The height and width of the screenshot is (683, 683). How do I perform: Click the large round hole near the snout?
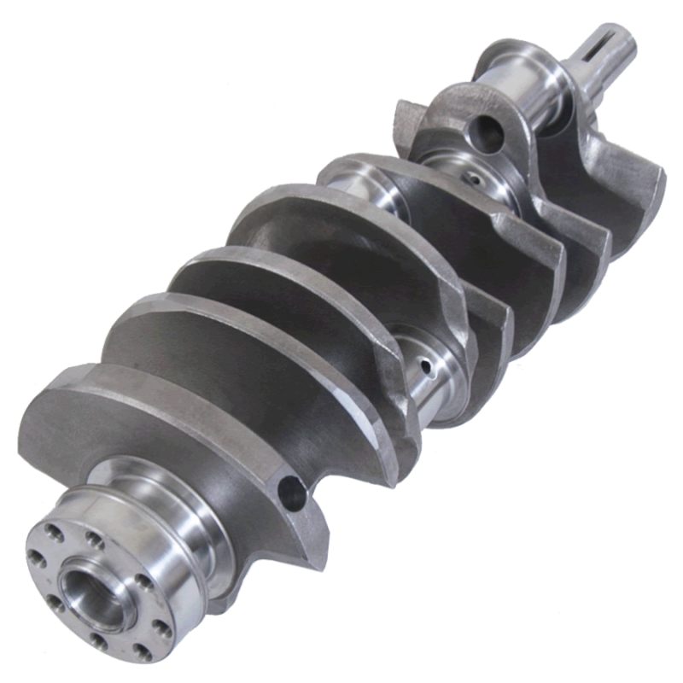point(485,130)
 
